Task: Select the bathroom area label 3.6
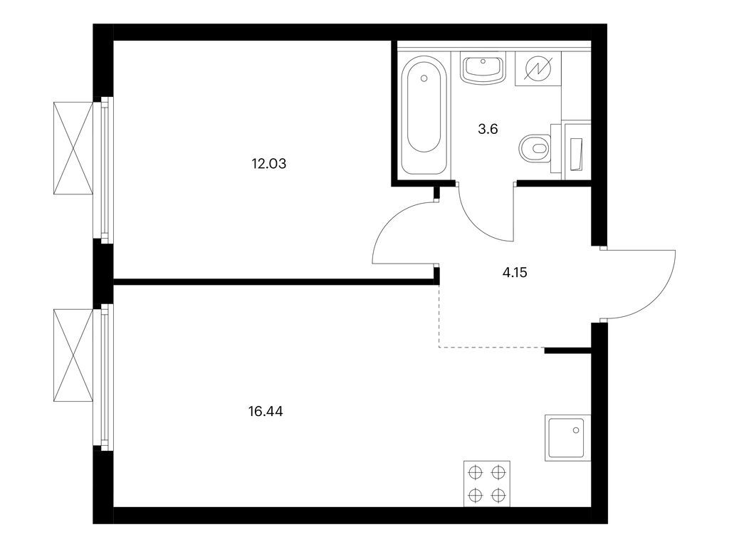[486, 130]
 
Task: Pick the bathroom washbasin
[483, 69]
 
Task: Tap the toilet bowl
[535, 149]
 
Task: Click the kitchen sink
[567, 437]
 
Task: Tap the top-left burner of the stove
[475, 472]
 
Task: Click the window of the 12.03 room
[105, 168]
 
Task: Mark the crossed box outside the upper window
[73, 147]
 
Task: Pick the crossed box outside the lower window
[73, 356]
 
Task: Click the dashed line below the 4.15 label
[491, 348]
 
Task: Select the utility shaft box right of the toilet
[576, 150]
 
